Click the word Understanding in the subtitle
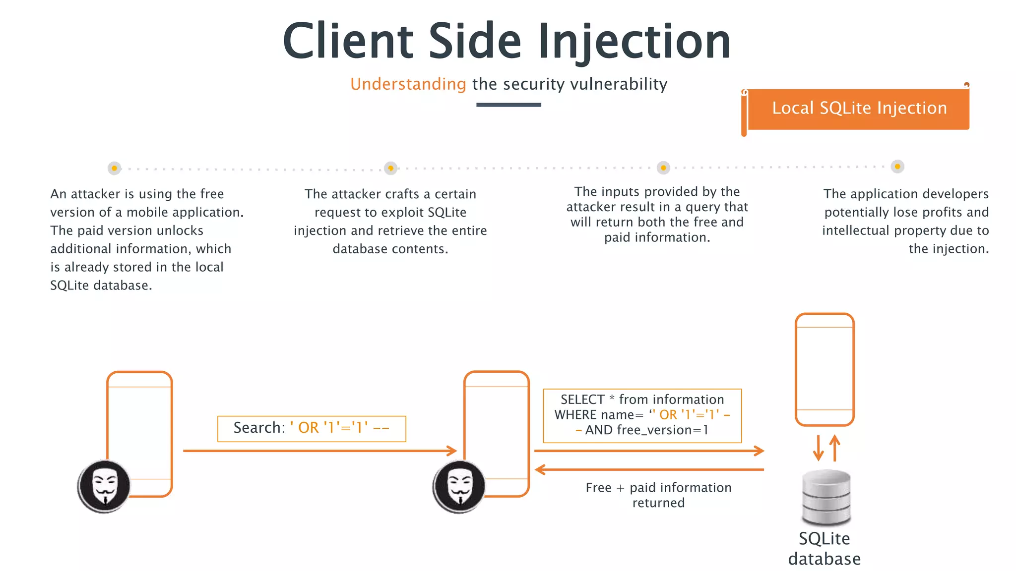[408, 84]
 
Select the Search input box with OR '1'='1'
[312, 428]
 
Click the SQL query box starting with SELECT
[642, 415]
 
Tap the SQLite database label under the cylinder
[825, 549]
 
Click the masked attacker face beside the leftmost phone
[104, 486]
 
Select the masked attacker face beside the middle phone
[459, 486]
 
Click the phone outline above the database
[825, 369]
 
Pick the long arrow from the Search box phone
[319, 451]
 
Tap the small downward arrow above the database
[818, 449]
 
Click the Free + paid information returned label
[658, 495]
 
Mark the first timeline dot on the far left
[114, 169]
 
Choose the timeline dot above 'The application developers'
[897, 167]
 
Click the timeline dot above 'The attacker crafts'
[391, 169]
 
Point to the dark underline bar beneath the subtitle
[508, 105]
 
